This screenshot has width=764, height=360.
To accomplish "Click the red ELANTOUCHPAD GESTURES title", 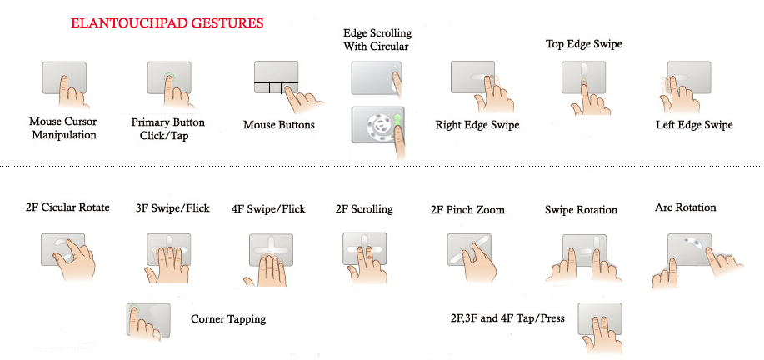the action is (167, 22).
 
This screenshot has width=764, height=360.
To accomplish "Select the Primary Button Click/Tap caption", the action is (168, 128).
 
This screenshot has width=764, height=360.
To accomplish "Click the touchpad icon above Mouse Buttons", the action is (277, 77).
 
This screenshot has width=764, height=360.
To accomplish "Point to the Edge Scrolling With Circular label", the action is (377, 40).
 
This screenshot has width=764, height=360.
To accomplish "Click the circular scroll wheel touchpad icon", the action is (378, 125).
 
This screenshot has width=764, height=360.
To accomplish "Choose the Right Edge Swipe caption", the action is (477, 125).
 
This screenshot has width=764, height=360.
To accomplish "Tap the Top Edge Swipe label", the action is (584, 44).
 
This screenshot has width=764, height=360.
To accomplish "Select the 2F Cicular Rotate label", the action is (67, 207).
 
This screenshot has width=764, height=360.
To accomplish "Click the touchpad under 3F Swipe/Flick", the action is (169, 249).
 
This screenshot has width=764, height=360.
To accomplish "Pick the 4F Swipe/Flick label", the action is (268, 209).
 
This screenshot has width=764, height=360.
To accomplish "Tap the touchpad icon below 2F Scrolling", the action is (364, 248).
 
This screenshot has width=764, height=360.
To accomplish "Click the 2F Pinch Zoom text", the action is (467, 210).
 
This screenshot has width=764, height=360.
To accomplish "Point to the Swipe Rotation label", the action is (581, 210).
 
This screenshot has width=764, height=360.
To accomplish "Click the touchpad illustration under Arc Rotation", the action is (690, 250).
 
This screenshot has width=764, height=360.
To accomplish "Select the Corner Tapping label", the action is (228, 319).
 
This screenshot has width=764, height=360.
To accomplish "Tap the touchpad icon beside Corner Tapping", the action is (148, 319).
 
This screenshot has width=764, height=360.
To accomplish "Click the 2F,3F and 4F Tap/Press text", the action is (507, 318).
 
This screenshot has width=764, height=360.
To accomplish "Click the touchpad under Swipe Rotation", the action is (585, 250).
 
